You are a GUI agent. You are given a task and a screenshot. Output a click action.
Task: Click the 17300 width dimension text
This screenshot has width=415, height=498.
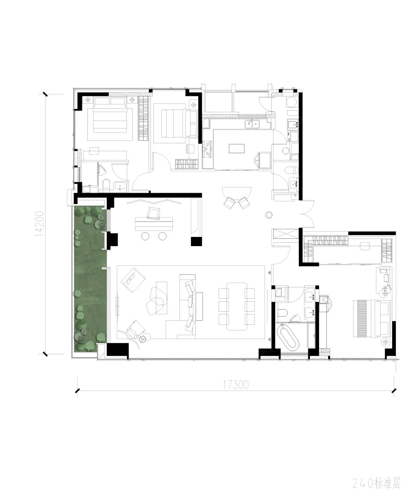coord(236,385)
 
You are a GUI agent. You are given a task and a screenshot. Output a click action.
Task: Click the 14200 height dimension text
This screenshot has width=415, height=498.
coord(39,224)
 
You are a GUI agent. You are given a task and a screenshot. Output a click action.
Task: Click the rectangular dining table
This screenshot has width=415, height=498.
coord(236,307)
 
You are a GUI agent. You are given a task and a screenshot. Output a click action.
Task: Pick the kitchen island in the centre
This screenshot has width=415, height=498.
coord(236,149)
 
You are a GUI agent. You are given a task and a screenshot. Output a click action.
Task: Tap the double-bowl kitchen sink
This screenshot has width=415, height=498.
coord(252,124)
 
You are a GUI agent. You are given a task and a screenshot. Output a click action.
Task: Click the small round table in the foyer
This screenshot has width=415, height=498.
coord(269,214)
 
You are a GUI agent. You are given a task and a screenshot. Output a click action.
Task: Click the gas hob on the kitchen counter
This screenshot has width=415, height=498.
coord(207,149)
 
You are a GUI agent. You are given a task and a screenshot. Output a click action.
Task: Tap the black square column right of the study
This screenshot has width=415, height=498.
coord(196,242)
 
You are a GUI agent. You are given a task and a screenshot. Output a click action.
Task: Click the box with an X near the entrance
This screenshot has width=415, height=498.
coord(285,233)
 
